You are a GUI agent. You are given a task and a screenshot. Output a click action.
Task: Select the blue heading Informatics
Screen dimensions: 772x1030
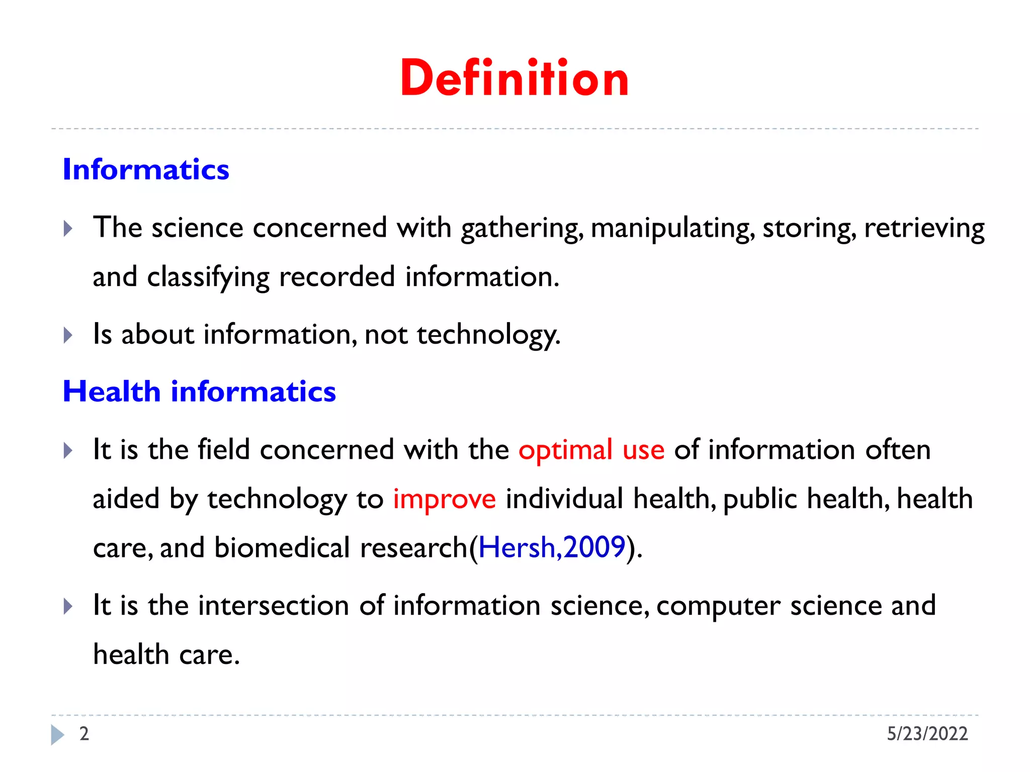click(146, 169)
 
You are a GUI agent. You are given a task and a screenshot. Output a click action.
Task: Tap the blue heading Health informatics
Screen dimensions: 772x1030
click(199, 392)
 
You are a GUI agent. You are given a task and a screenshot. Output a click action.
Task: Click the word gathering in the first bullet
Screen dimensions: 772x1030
click(522, 228)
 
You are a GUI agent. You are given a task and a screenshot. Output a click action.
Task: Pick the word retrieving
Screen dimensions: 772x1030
click(924, 228)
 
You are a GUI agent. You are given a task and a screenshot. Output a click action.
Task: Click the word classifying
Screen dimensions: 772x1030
click(208, 277)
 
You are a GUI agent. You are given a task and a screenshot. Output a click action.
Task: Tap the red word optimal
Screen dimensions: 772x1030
click(565, 449)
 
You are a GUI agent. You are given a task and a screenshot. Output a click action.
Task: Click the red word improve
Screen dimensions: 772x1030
click(444, 499)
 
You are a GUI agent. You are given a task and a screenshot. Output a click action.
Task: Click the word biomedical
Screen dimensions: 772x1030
click(282, 547)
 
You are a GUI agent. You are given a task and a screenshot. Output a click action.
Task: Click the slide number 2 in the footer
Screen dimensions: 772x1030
click(84, 734)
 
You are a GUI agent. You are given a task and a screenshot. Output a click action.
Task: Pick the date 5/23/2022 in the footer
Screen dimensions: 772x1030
click(927, 734)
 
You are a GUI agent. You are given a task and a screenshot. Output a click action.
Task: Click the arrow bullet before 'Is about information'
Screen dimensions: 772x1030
click(68, 335)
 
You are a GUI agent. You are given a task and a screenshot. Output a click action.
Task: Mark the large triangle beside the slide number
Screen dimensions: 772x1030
click(57, 735)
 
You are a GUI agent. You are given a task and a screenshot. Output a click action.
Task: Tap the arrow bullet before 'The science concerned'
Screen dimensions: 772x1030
click(68, 229)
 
